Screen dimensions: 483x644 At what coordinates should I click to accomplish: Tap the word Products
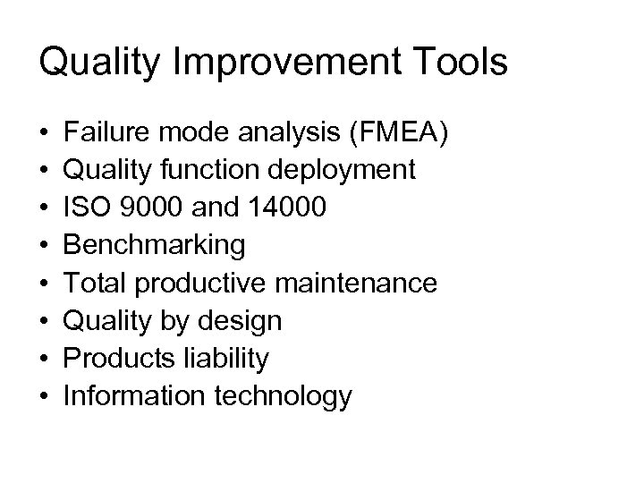114,359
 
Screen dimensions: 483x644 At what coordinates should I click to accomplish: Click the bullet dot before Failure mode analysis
44,133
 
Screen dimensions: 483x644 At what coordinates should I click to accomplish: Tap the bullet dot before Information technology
44,397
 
